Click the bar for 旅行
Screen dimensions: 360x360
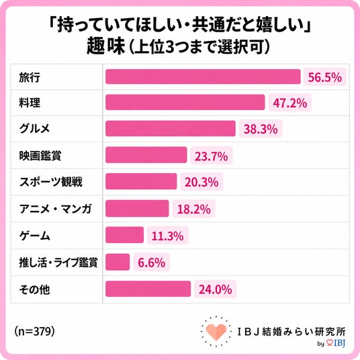(x=203, y=77)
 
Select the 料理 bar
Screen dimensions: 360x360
(x=185, y=102)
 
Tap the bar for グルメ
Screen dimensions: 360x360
(x=171, y=128)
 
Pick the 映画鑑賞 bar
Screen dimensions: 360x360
(x=146, y=155)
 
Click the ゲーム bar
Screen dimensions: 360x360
(x=125, y=235)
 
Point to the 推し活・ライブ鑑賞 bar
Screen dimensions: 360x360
(x=118, y=262)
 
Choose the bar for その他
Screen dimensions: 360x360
(x=148, y=289)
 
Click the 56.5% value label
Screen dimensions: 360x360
(x=325, y=77)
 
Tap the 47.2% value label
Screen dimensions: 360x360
(x=290, y=103)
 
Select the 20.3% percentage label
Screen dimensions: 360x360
(x=201, y=182)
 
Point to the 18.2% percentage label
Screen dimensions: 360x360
(x=194, y=209)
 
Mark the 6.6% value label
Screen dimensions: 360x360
(x=152, y=263)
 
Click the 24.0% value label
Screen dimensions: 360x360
(x=216, y=289)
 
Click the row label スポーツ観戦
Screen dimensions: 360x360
(x=51, y=182)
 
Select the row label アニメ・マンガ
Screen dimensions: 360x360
(x=56, y=209)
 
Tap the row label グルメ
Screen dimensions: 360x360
(x=34, y=128)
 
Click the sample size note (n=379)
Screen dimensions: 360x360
(x=34, y=332)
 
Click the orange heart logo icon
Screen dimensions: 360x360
(x=216, y=332)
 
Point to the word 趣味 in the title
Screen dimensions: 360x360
(x=106, y=46)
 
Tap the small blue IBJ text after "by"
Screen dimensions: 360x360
(x=339, y=343)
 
